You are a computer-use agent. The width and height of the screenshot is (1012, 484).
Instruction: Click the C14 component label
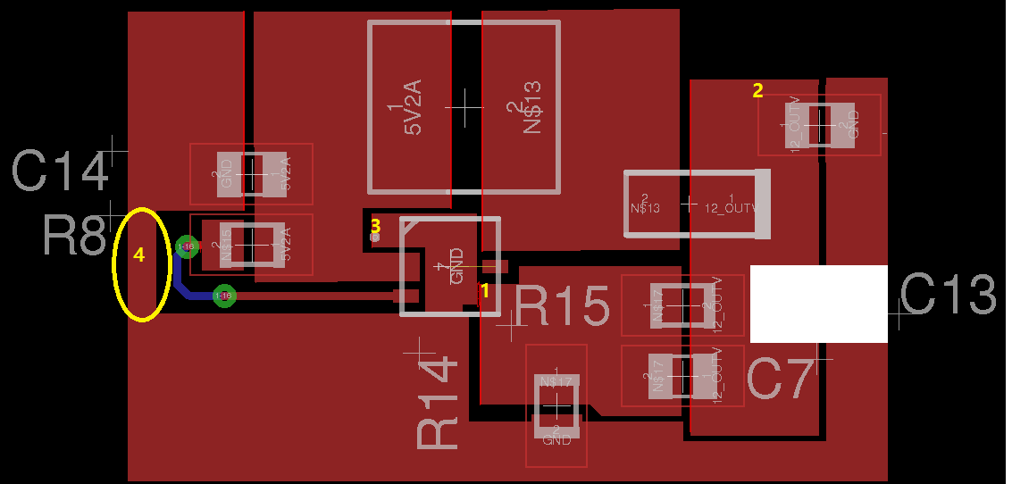click(x=61, y=171)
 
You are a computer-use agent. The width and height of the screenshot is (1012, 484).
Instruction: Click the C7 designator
click(x=780, y=379)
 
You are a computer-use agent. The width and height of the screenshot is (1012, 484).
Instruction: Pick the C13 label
click(x=947, y=295)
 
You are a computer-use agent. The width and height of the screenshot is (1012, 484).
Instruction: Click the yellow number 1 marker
click(x=485, y=290)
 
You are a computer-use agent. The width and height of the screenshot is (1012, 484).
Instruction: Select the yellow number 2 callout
click(x=757, y=90)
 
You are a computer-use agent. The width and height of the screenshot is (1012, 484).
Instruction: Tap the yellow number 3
click(x=376, y=226)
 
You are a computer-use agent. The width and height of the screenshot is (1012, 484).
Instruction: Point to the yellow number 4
click(x=138, y=255)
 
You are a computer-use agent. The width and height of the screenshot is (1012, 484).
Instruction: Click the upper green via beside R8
click(x=187, y=246)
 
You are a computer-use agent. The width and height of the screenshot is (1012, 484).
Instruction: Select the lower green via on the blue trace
click(x=224, y=296)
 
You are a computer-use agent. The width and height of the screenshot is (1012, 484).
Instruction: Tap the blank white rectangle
click(x=818, y=304)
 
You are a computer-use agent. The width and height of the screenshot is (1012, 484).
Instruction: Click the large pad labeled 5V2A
click(x=411, y=107)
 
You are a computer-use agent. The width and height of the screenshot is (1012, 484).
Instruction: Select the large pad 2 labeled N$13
click(x=522, y=107)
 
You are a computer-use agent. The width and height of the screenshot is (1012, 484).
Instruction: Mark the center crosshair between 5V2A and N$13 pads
click(x=465, y=106)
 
